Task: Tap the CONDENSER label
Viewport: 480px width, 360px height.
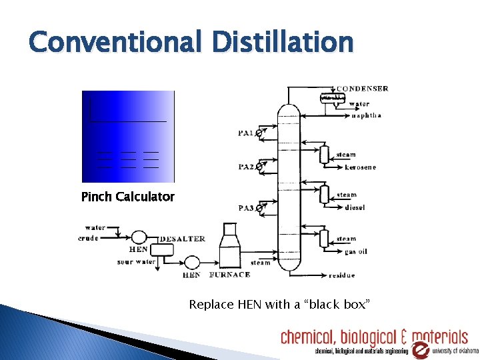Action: pyautogui.click(x=363, y=89)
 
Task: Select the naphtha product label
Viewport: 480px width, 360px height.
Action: pyautogui.click(x=366, y=115)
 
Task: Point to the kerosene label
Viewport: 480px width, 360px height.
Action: pyautogui.click(x=360, y=167)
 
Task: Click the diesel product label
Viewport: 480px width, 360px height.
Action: pyautogui.click(x=355, y=207)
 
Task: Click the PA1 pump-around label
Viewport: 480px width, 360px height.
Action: pyautogui.click(x=245, y=133)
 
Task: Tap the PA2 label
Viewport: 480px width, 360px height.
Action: pyautogui.click(x=245, y=167)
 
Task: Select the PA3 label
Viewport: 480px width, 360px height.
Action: pyautogui.click(x=246, y=208)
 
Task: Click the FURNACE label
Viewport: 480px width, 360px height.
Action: pyautogui.click(x=230, y=275)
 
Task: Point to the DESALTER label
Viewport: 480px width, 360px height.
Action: pyautogui.click(x=182, y=239)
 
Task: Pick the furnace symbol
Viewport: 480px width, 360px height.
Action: pyautogui.click(x=229, y=247)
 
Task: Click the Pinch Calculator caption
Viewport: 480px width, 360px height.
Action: pyautogui.click(x=127, y=197)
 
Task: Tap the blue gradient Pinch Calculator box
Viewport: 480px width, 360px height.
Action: pyautogui.click(x=127, y=137)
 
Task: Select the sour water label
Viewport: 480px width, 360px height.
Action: pyautogui.click(x=136, y=262)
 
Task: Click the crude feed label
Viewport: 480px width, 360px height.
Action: pyautogui.click(x=89, y=238)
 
